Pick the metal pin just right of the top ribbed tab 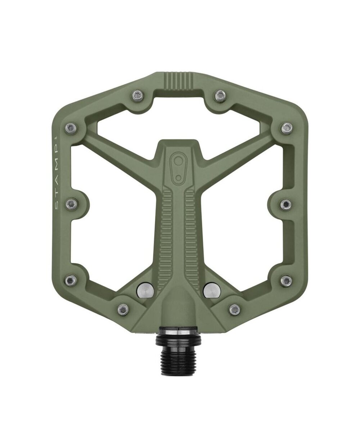pos(220,95)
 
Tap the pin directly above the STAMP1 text pos(71,127)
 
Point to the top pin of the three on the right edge pos(287,127)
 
